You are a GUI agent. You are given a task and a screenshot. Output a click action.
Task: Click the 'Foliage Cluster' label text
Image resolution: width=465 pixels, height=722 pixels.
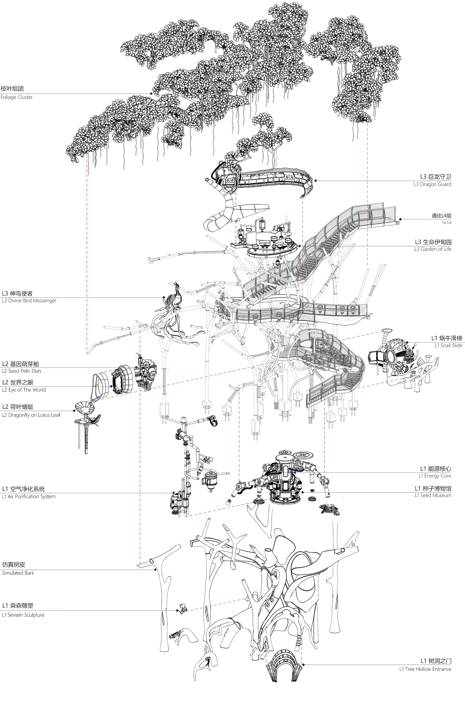(16, 97)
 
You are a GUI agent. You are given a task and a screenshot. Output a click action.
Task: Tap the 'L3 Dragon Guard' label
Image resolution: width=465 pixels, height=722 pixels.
(432, 184)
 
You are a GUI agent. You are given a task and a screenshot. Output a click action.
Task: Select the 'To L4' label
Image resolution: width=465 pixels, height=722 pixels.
(446, 223)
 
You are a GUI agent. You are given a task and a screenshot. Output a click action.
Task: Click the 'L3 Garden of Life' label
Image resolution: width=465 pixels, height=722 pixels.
(432, 249)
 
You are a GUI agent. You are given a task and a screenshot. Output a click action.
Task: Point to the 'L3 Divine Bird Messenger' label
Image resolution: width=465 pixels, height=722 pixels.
(29, 301)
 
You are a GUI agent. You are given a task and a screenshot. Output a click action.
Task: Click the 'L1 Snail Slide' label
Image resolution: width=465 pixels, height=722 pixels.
(448, 346)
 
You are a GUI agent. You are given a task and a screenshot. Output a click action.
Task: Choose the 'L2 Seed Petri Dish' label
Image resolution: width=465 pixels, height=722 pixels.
(21, 371)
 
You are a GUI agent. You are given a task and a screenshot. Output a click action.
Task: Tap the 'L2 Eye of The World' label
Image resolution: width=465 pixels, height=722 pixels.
(24, 390)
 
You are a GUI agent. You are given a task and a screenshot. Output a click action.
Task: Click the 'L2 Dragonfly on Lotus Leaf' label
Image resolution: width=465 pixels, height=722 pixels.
(31, 415)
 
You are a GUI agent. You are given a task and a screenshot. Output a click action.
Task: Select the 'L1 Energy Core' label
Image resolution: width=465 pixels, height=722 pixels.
(435, 476)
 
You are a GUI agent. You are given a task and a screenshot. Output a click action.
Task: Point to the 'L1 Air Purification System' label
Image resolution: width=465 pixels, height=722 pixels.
(29, 496)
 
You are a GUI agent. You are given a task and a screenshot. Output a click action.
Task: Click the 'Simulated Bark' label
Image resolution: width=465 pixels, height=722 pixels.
(18, 573)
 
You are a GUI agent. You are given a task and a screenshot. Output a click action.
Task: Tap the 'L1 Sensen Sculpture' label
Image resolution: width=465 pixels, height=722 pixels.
(23, 615)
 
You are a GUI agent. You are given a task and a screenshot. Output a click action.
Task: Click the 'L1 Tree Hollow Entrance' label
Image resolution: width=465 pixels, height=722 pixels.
(425, 669)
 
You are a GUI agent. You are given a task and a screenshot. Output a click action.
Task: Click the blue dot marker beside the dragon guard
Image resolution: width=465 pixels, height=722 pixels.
(315, 181)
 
